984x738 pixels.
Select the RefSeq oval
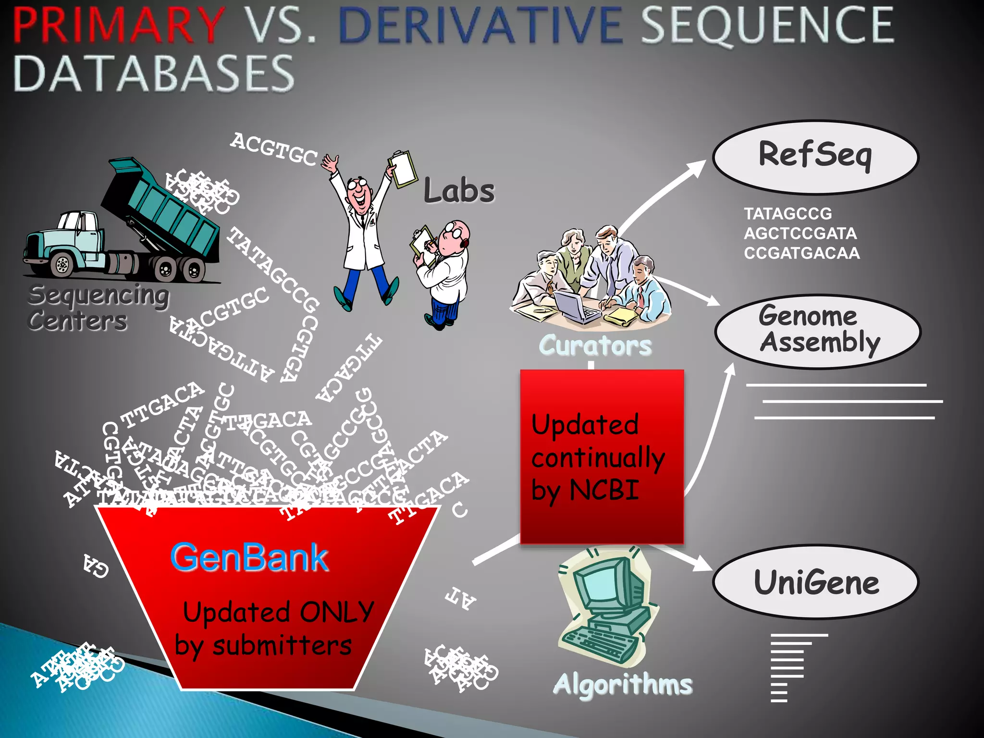[815, 157]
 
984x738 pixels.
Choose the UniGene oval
[815, 582]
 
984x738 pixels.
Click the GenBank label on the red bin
[249, 557]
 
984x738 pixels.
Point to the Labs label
[459, 191]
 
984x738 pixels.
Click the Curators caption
[595, 345]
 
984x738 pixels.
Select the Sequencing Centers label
[98, 307]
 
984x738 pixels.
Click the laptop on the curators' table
[577, 303]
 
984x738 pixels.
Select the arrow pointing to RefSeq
[663, 192]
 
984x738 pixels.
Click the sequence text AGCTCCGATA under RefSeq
[800, 234]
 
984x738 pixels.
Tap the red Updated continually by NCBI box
[602, 456]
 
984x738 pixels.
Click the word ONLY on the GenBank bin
[336, 612]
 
